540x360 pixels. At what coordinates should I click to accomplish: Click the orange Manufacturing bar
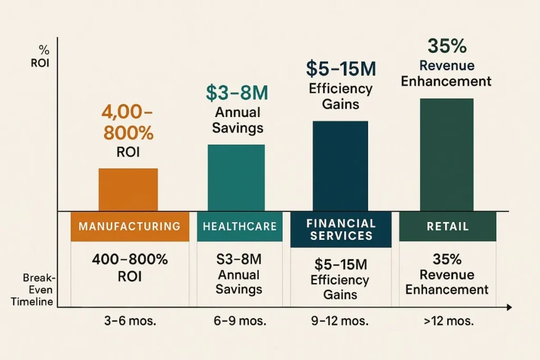point(128,190)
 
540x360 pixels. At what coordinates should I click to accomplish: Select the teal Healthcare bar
point(236,178)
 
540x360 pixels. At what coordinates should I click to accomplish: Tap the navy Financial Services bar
point(340,166)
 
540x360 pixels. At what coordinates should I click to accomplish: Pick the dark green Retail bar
point(447,154)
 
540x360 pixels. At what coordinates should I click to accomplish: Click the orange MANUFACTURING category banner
point(129,227)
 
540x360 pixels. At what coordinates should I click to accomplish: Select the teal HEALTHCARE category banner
point(239,227)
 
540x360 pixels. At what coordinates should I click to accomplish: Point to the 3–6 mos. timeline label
point(131,322)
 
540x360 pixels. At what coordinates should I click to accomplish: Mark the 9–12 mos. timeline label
point(340,322)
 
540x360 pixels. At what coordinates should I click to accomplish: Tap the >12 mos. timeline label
point(447,322)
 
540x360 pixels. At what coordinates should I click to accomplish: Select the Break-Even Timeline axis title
point(38,289)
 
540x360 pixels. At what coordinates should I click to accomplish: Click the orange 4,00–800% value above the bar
point(128,123)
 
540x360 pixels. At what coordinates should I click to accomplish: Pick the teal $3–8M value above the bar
point(237,93)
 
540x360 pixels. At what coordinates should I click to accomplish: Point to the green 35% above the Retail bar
point(447,46)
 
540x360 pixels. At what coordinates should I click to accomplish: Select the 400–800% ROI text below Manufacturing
point(130,268)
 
